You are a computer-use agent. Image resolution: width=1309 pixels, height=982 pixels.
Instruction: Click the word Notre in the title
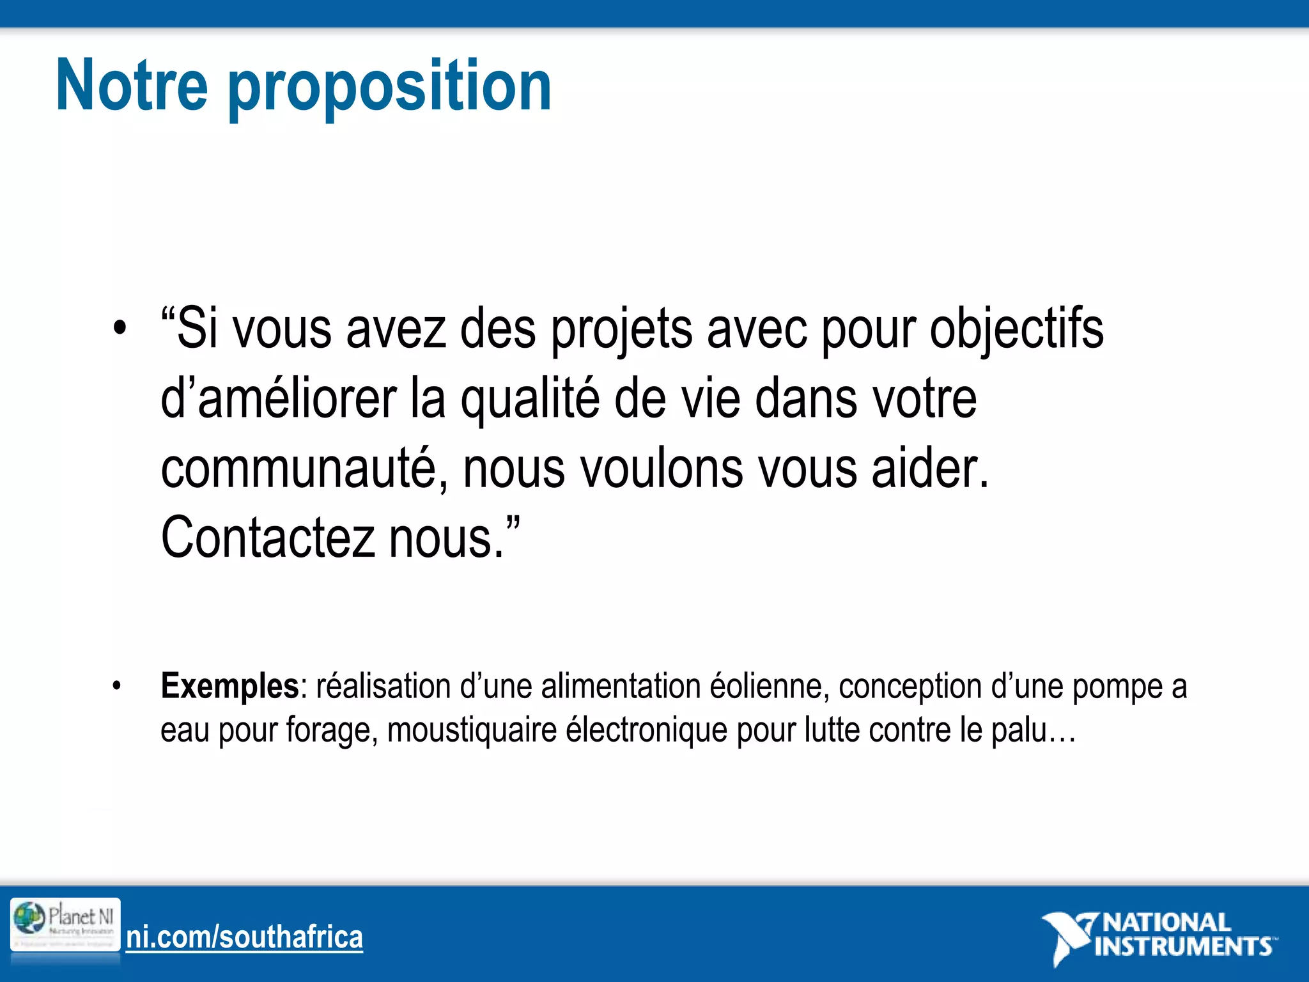pyautogui.click(x=132, y=86)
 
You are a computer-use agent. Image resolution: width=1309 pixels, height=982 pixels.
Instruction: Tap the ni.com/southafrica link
pyautogui.click(x=244, y=937)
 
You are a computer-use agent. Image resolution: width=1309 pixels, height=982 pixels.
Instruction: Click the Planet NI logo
pyautogui.click(x=65, y=924)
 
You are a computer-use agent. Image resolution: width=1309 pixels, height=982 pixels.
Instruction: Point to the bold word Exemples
pyautogui.click(x=229, y=687)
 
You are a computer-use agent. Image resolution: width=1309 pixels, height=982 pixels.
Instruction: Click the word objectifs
pyautogui.click(x=1016, y=330)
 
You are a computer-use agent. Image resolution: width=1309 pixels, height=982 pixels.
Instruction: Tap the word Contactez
pyautogui.click(x=267, y=538)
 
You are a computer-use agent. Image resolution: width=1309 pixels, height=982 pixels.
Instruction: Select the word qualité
pyautogui.click(x=530, y=400)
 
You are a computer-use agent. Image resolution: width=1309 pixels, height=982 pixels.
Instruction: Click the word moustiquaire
pyautogui.click(x=472, y=730)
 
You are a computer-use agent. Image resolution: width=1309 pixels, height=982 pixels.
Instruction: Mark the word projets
pyautogui.click(x=621, y=330)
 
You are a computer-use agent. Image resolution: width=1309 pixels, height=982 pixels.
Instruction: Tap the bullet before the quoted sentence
pyautogui.click(x=119, y=330)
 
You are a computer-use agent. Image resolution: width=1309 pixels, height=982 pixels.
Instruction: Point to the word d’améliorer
pyautogui.click(x=278, y=400)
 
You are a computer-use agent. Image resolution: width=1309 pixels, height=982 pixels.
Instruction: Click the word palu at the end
pyautogui.click(x=1019, y=730)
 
